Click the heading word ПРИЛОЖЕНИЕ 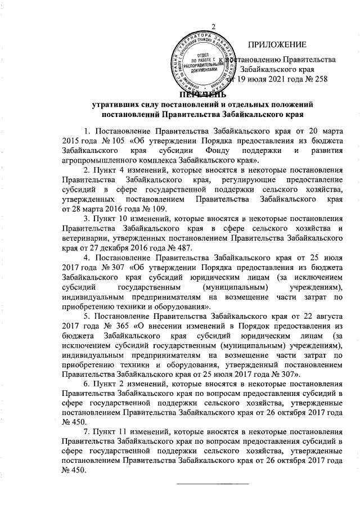coord(278,44)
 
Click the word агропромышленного coord(97,161)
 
